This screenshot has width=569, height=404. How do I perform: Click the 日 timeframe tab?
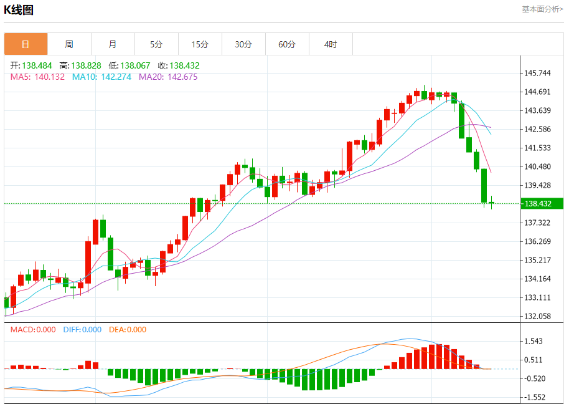[26, 44]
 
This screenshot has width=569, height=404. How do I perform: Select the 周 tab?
[69, 44]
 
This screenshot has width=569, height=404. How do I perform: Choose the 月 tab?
[113, 44]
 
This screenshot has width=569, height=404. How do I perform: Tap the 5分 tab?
[156, 44]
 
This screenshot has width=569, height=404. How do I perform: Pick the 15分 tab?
[200, 44]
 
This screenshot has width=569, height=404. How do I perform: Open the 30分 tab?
[243, 44]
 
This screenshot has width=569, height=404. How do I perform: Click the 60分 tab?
[287, 44]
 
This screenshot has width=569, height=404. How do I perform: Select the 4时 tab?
[331, 44]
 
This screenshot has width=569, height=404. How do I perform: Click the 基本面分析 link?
[542, 9]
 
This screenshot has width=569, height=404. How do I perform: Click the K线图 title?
[19, 10]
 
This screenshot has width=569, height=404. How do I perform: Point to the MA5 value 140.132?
[37, 77]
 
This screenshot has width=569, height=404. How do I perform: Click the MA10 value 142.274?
[101, 77]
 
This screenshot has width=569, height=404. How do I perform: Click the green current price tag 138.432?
[542, 204]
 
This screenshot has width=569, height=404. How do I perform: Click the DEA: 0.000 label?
[128, 330]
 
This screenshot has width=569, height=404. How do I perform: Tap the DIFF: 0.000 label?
[82, 330]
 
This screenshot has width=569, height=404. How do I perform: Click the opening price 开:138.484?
[31, 65]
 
